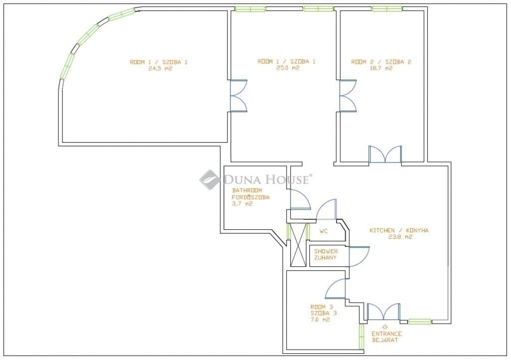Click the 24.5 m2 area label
(160, 69)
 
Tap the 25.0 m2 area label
(287, 68)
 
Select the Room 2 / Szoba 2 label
(381, 62)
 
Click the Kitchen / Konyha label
(399, 230)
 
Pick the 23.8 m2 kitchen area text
(400, 237)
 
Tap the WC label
(323, 231)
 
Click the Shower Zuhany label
(326, 254)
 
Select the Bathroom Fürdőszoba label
(251, 193)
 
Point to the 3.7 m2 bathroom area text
(242, 204)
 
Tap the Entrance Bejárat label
(387, 337)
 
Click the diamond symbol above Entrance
(385, 327)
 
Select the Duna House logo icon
(210, 180)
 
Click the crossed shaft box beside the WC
(298, 245)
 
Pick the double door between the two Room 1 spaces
(239, 96)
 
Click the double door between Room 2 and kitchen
(385, 154)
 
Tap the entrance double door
(384, 312)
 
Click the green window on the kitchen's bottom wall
(420, 322)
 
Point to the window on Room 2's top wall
(387, 9)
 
